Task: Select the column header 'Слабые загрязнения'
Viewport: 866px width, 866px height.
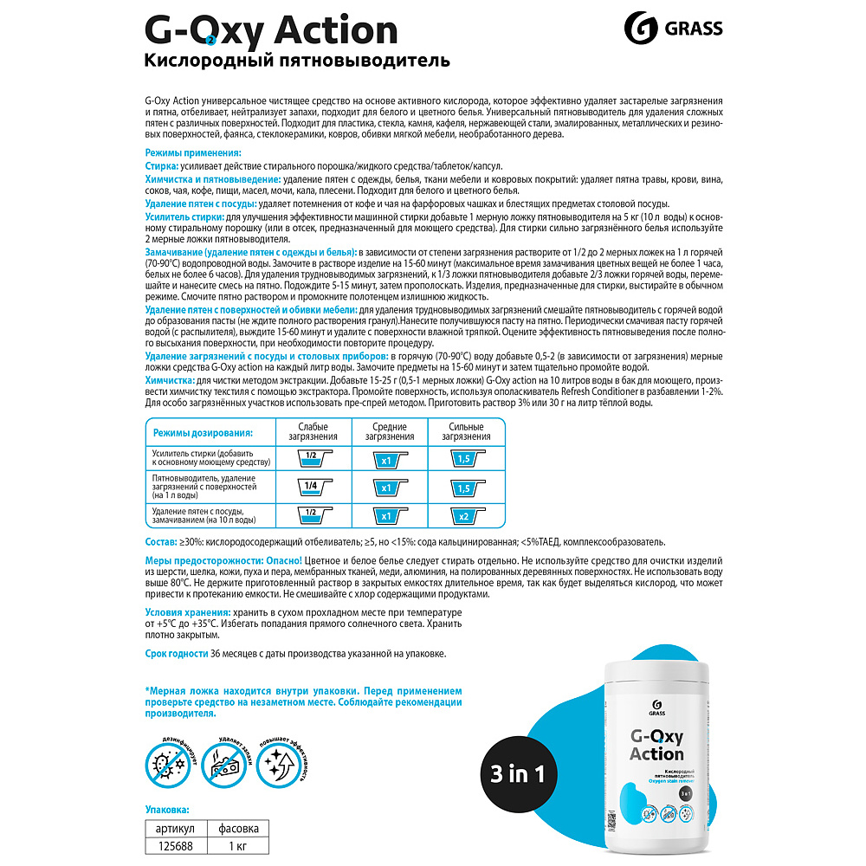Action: [x=313, y=431]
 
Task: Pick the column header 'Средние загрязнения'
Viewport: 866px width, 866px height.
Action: [x=390, y=431]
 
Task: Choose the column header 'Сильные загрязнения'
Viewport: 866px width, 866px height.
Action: [x=466, y=431]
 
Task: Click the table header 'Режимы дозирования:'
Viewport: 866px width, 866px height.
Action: [x=203, y=432]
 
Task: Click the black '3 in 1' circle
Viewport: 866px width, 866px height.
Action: [x=517, y=774]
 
